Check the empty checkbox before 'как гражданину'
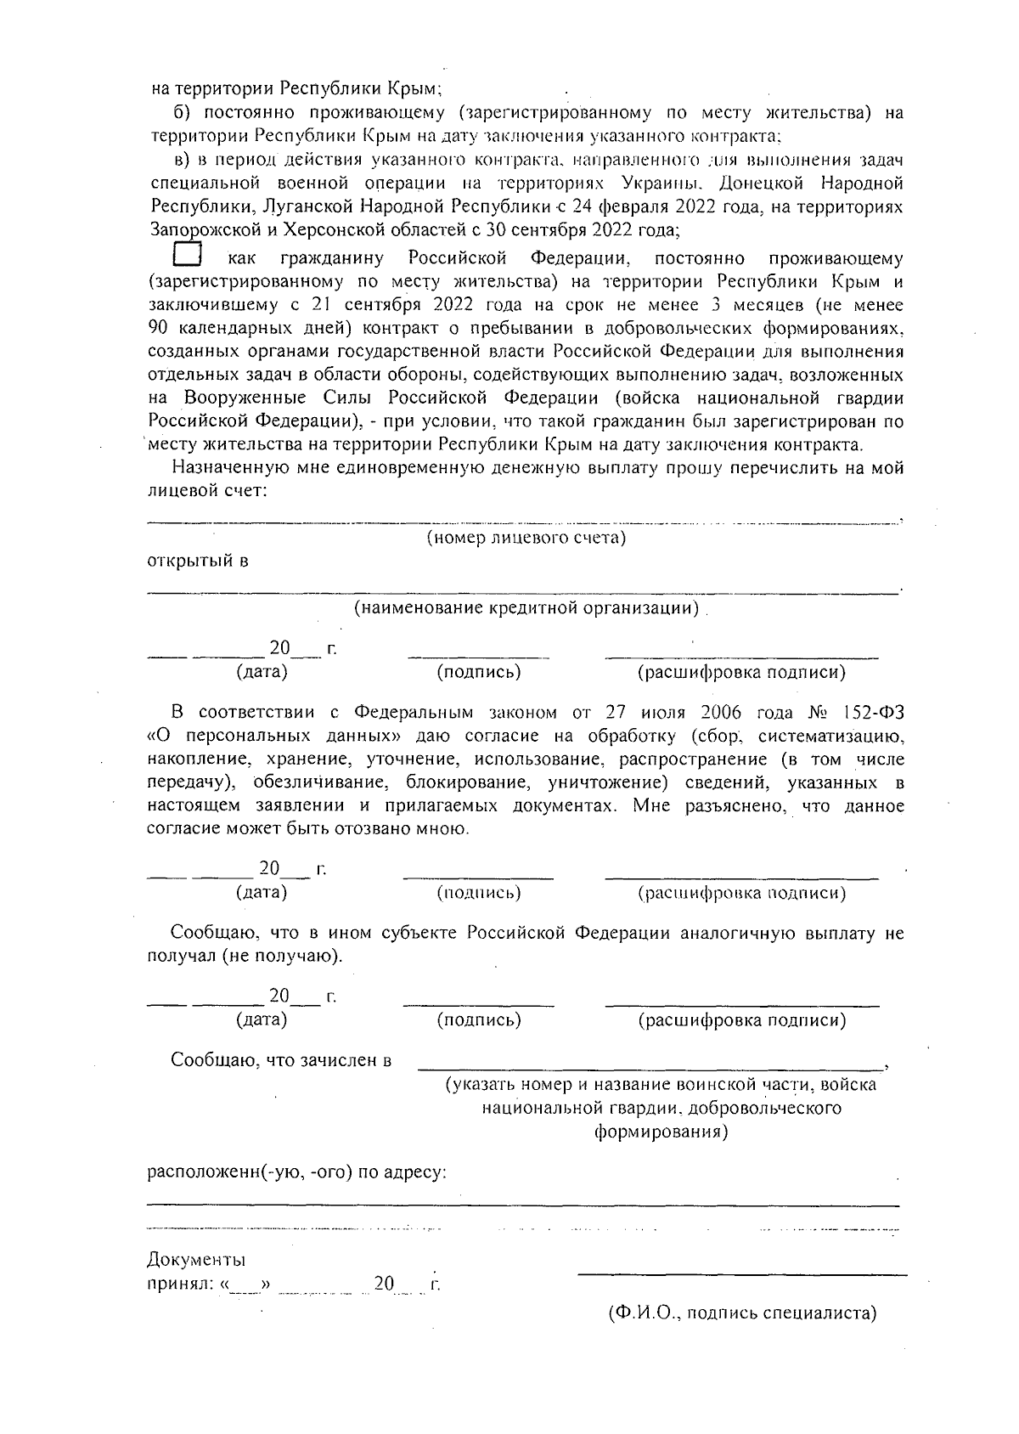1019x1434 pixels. (x=186, y=254)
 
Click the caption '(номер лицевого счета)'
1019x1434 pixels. (x=526, y=538)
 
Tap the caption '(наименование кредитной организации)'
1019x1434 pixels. (x=526, y=608)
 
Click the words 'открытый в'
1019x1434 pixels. (x=198, y=562)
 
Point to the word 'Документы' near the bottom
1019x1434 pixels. (x=197, y=1259)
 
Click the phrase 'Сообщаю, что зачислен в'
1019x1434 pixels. (x=281, y=1060)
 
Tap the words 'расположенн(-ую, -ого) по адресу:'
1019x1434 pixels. (x=297, y=1173)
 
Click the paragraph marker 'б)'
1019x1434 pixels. (x=183, y=113)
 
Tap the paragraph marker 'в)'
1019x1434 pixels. (x=183, y=160)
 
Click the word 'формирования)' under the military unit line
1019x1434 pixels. (x=660, y=1132)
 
